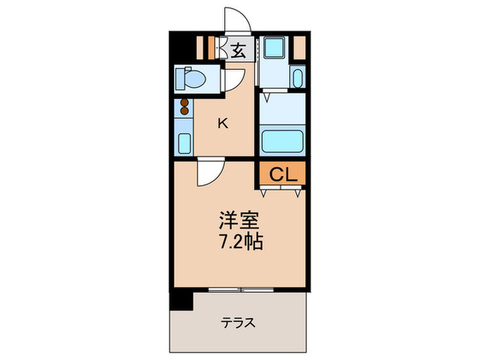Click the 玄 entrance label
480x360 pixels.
(238, 49)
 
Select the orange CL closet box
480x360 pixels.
(282, 175)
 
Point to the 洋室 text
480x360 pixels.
(237, 221)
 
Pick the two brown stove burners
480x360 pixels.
(184, 107)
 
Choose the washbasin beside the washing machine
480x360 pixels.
(297, 77)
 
